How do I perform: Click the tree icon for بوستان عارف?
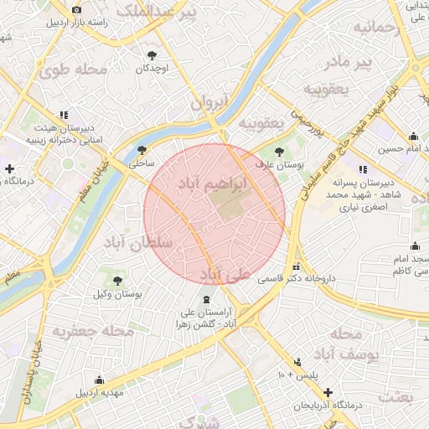[x=279, y=152]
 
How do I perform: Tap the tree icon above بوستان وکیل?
[x=117, y=281]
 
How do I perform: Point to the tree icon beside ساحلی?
[x=141, y=150]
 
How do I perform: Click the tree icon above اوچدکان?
[x=152, y=54]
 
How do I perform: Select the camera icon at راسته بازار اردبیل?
[x=76, y=9]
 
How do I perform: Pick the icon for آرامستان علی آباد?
[x=206, y=299]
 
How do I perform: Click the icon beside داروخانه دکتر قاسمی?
[x=295, y=268]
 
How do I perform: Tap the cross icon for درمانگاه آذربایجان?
[x=328, y=392]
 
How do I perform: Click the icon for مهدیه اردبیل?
[x=100, y=380]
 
